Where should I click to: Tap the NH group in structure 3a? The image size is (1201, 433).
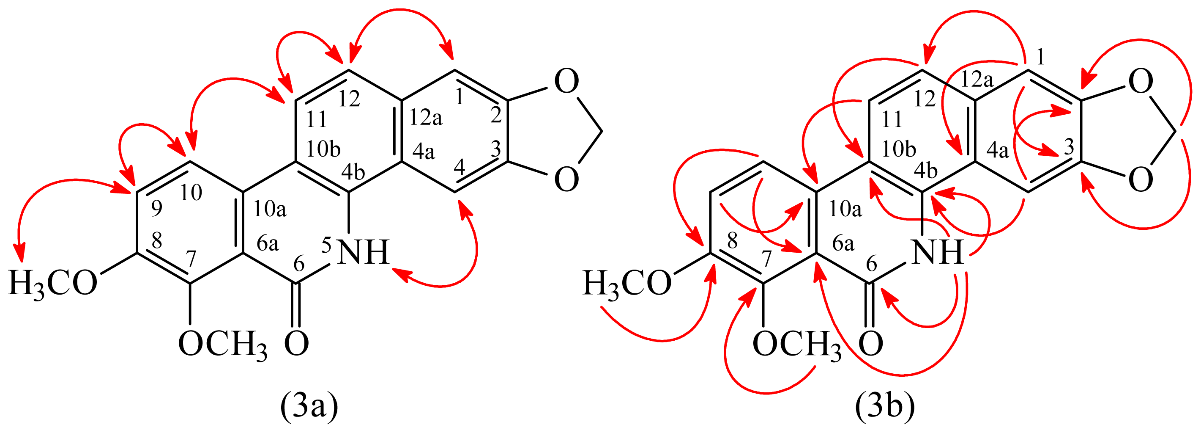[x=364, y=252]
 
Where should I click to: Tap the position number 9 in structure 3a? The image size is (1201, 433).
[x=157, y=209]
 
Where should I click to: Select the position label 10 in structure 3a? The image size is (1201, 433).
[x=191, y=192]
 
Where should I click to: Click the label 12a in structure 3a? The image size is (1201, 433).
[x=425, y=118]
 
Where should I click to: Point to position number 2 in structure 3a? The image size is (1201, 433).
[x=495, y=114]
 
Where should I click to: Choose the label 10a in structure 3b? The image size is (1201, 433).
[x=845, y=210]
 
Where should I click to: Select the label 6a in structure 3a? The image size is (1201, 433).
[x=268, y=243]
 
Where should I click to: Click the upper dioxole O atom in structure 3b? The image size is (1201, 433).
[x=1141, y=81]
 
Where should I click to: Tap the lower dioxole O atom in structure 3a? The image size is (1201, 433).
[x=566, y=179]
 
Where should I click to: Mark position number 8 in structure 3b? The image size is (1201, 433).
[x=733, y=241]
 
